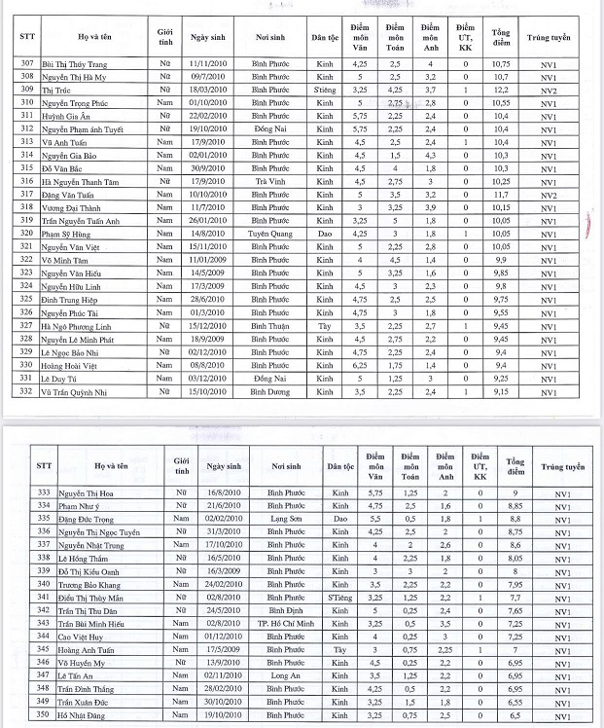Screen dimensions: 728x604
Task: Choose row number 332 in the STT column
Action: pyautogui.click(x=26, y=391)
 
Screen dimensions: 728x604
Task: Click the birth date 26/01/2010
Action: pyautogui.click(x=208, y=221)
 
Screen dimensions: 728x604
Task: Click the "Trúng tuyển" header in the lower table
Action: pyautogui.click(x=561, y=468)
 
